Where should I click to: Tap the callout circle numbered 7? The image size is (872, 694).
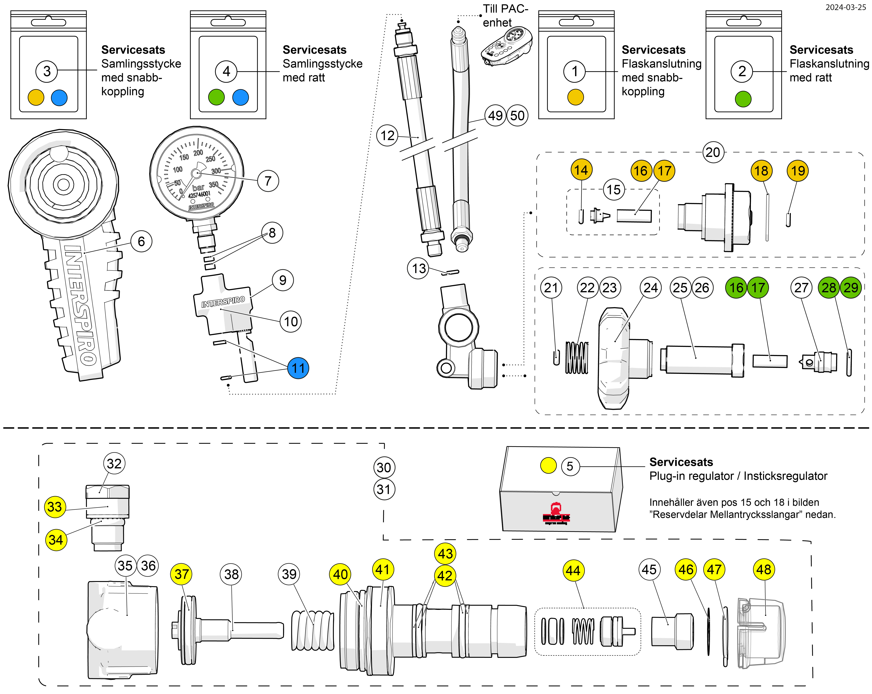pos(268,181)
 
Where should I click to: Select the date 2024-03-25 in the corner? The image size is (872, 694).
pos(845,7)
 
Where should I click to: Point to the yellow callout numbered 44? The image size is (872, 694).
pos(573,571)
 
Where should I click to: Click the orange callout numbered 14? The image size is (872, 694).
pos(581,170)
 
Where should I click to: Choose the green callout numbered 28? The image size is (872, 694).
pos(829,288)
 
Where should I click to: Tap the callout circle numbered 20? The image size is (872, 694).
pos(713,152)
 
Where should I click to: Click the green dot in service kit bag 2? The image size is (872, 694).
pos(743,99)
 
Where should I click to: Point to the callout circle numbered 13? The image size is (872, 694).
pos(419,268)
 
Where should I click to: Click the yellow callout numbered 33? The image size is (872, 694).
pos(55,507)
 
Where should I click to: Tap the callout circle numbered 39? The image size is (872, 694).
pos(289,574)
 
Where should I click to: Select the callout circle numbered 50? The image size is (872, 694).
pos(517,116)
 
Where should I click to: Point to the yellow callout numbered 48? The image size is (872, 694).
pos(764,569)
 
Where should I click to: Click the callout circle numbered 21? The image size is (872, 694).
pos(551,288)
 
